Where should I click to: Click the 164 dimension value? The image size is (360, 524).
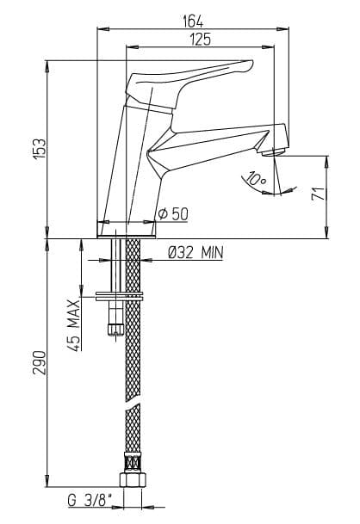tap(193, 22)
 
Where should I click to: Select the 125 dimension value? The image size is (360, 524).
tap(201, 40)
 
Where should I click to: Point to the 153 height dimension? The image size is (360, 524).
tap(40, 148)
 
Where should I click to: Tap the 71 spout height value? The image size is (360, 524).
tap(318, 194)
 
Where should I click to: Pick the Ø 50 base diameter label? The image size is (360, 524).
tap(173, 214)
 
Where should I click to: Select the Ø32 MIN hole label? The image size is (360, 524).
tap(196, 253)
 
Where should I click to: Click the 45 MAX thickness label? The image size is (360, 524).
tap(73, 325)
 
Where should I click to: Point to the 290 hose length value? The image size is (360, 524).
tap(40, 362)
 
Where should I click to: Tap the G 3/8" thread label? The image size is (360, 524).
tap(90, 501)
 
